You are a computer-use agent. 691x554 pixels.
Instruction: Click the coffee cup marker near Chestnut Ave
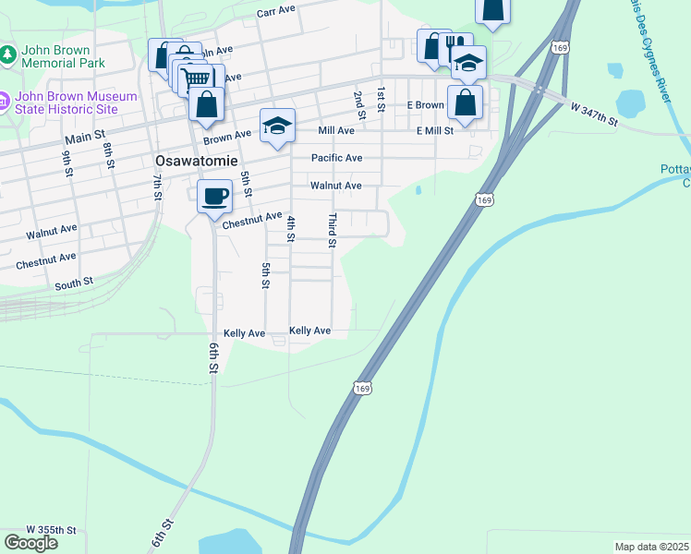[x=214, y=196]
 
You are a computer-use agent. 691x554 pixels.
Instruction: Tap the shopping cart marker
[x=196, y=79]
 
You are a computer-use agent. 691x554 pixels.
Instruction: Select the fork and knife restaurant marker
[x=455, y=48]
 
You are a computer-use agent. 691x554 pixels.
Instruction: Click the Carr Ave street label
[x=275, y=12]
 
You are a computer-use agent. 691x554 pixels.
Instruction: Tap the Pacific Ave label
[x=336, y=158]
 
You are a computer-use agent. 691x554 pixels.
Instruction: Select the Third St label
[x=332, y=231]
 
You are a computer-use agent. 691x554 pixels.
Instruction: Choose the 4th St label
[x=290, y=228]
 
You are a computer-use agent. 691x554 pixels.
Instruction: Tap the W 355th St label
[x=51, y=529]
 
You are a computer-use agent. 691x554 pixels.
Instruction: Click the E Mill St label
[x=434, y=131]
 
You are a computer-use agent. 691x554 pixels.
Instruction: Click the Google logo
[x=30, y=543]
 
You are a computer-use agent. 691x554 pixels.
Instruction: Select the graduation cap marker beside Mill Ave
[x=277, y=126]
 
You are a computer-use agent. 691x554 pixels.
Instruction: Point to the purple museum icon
[x=5, y=97]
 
